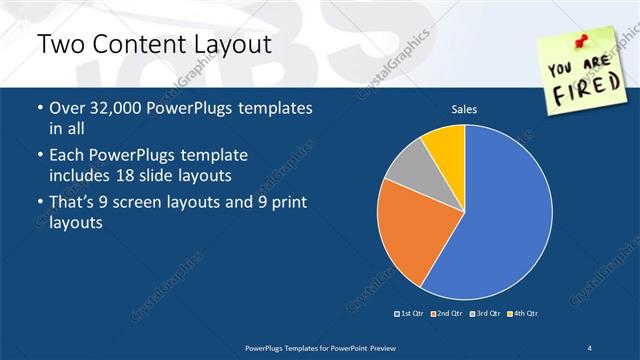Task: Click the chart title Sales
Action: click(464, 108)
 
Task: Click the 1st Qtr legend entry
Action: click(410, 313)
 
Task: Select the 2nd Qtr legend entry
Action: click(446, 313)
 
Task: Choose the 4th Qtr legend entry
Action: click(524, 313)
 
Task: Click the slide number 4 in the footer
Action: click(590, 346)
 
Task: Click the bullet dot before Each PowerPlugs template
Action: click(39, 157)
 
